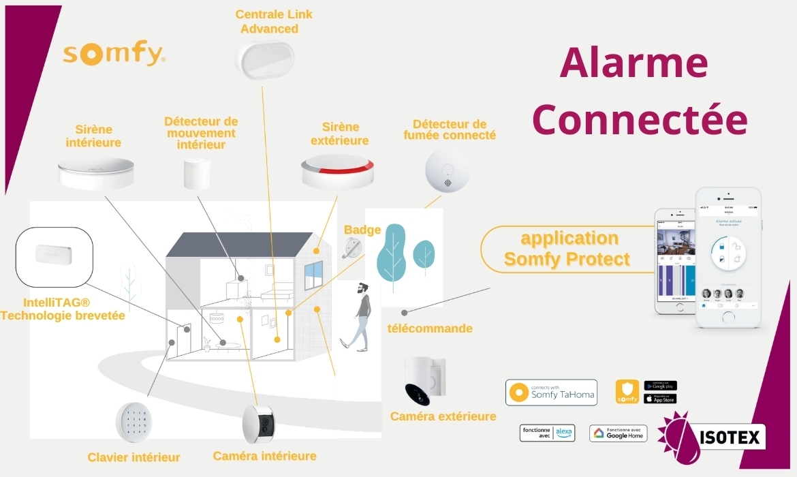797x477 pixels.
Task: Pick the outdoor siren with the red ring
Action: point(337,172)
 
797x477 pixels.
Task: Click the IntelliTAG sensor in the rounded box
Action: point(53,257)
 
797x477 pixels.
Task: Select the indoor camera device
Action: point(258,424)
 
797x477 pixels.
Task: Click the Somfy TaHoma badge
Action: point(551,393)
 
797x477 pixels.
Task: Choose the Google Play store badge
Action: point(660,386)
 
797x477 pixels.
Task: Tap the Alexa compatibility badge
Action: point(547,433)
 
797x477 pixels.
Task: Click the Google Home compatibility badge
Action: point(618,433)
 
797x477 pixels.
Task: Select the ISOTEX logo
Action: point(711,435)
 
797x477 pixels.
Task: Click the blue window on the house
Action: point(313,273)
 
